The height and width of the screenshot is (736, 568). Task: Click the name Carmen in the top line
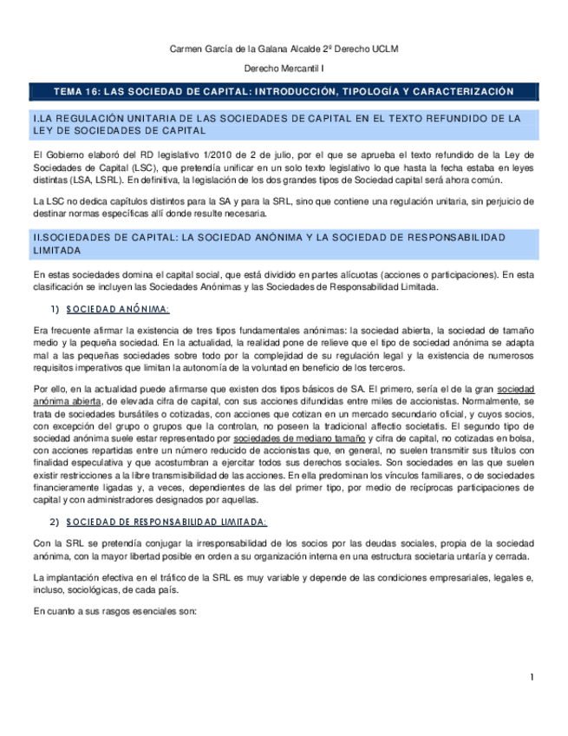(x=185, y=49)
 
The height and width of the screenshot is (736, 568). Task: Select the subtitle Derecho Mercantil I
(x=284, y=68)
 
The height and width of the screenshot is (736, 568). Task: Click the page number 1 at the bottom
(x=532, y=677)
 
